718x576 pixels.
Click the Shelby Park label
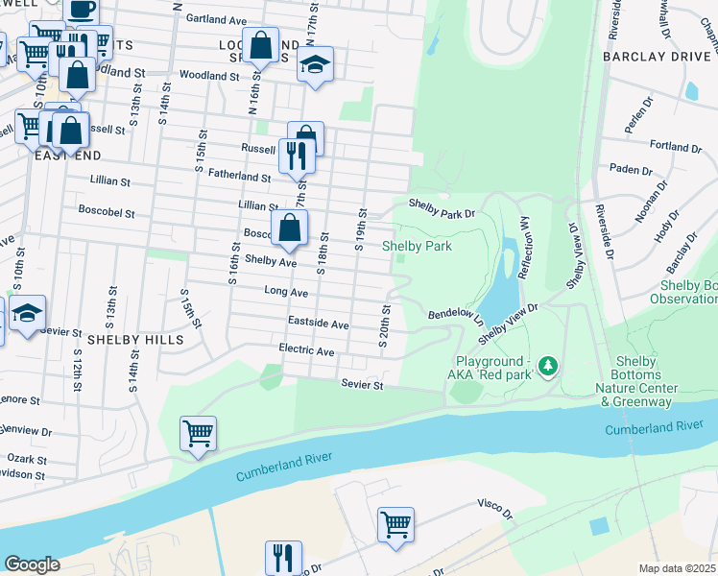click(x=417, y=246)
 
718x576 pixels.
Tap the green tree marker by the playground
click(x=548, y=366)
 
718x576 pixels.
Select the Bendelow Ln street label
click(x=454, y=314)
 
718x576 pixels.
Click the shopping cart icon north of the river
click(x=198, y=434)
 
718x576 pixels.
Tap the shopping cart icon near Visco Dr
click(x=395, y=525)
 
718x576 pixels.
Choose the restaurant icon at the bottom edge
click(x=283, y=557)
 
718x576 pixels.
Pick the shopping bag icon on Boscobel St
click(x=289, y=228)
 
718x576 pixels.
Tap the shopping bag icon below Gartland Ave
click(x=260, y=44)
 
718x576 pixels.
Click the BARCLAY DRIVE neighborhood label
click(x=658, y=57)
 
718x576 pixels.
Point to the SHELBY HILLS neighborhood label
click(x=128, y=340)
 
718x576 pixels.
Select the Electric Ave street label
click(x=306, y=351)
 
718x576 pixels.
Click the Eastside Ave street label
click(x=318, y=324)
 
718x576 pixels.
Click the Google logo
click(x=32, y=564)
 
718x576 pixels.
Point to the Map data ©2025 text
click(x=678, y=568)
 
